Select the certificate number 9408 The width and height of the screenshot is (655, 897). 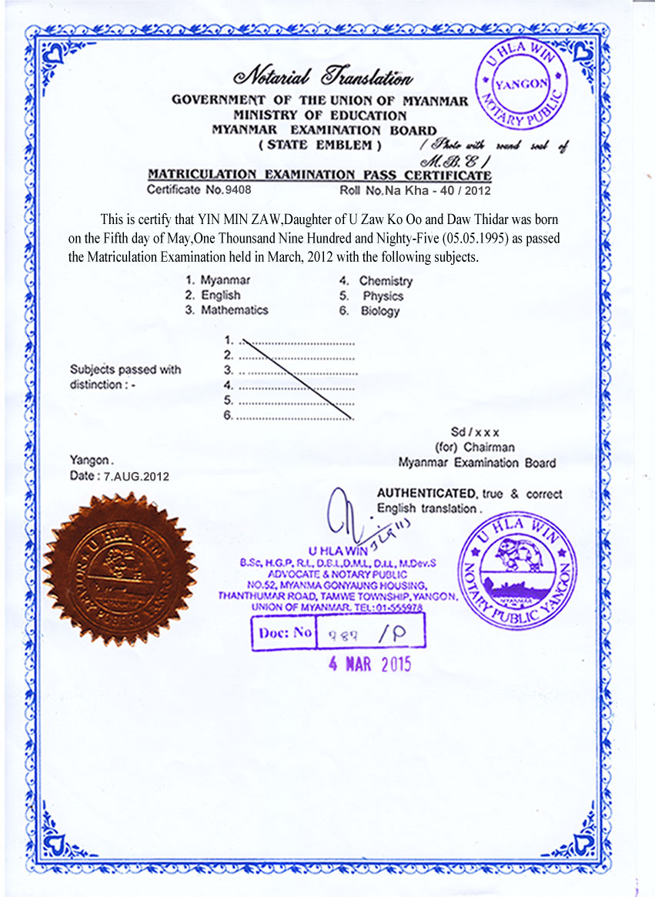point(236,189)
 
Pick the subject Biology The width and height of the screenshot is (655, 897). point(380,311)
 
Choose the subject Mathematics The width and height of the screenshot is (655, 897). point(234,310)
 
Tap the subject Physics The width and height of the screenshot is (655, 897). point(383,296)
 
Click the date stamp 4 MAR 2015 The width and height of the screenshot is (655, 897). point(369,664)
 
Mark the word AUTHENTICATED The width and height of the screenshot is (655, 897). point(426,494)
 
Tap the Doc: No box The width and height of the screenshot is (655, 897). point(338,632)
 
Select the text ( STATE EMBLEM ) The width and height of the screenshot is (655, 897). point(320,145)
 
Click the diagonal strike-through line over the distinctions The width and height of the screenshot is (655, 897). point(296,377)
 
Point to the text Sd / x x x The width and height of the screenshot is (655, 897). point(475,433)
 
